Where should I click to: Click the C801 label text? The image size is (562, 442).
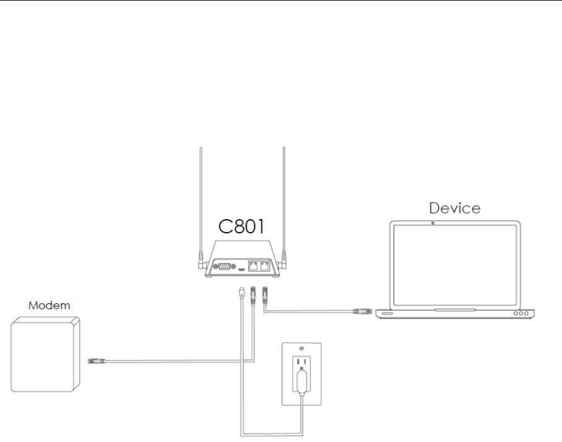[x=242, y=227]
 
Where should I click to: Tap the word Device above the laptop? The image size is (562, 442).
[x=454, y=207]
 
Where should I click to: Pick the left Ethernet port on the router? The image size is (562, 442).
[x=254, y=267]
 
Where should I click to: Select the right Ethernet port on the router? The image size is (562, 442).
[x=265, y=267]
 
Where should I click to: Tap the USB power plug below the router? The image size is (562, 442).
[x=240, y=292]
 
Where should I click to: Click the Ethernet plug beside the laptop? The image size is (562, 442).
[x=360, y=310]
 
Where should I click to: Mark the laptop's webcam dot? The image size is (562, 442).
[x=432, y=222]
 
